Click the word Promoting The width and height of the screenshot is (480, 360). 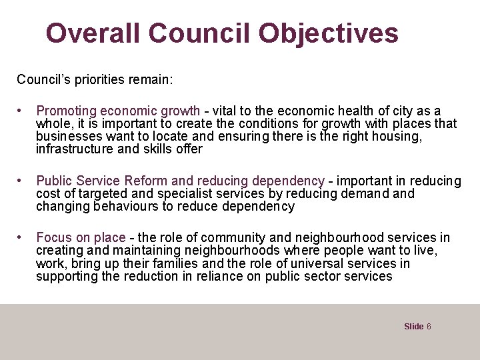(x=66, y=111)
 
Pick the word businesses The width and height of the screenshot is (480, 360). (x=67, y=136)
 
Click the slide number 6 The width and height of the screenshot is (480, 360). (x=429, y=327)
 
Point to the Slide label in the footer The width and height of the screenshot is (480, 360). (x=413, y=327)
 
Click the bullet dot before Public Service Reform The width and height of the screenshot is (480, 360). (x=23, y=181)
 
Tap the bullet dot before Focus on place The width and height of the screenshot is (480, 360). (x=23, y=238)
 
